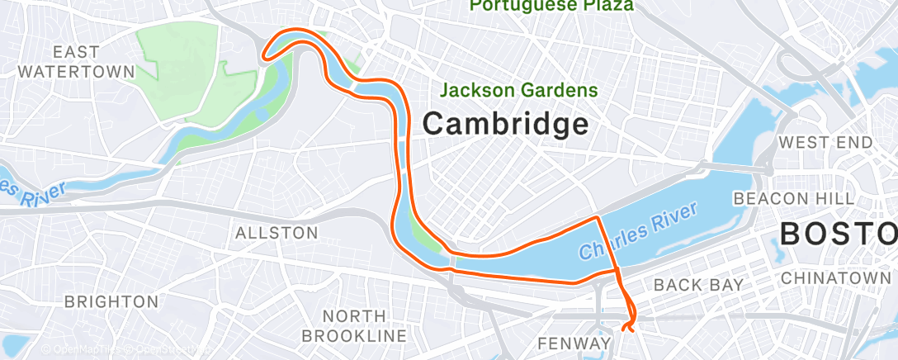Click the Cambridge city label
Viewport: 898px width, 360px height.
506,125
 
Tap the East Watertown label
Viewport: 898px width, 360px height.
76,62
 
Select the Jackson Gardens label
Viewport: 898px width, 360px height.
519,89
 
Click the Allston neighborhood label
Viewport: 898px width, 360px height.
276,233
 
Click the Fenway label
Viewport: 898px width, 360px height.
574,342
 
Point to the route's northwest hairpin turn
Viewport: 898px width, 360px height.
265,56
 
